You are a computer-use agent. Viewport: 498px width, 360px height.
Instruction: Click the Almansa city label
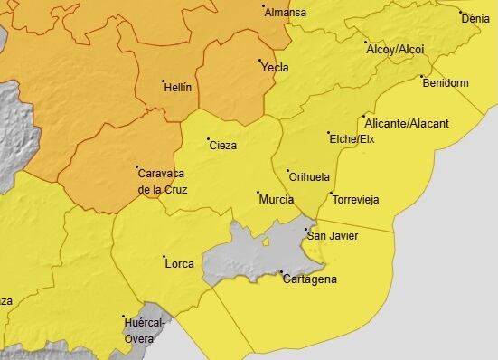pyautogui.click(x=287, y=13)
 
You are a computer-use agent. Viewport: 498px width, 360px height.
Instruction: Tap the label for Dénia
pyautogui.click(x=475, y=18)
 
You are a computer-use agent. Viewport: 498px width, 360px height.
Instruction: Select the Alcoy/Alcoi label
pyautogui.click(x=396, y=49)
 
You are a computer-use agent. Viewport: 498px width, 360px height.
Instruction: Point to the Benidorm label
pyautogui.click(x=446, y=83)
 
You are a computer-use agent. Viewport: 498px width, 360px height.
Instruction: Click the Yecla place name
pyautogui.click(x=275, y=67)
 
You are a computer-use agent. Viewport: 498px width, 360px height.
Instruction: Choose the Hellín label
pyautogui.click(x=177, y=88)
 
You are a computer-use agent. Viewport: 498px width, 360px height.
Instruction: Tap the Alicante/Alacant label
pyautogui.click(x=404, y=122)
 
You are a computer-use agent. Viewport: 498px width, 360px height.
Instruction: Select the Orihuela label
pyautogui.click(x=310, y=176)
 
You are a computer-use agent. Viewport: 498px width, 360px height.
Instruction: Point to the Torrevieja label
pyautogui.click(x=356, y=199)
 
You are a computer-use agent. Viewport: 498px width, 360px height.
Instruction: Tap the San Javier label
pyautogui.click(x=333, y=236)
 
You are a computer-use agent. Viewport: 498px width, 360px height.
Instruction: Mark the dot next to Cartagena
pyautogui.click(x=280, y=271)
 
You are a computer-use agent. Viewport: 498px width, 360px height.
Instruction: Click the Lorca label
pyautogui.click(x=180, y=264)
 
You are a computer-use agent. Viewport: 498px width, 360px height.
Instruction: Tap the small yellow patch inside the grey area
pyautogui.click(x=266, y=241)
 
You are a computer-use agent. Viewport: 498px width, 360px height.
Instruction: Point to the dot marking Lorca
pyautogui.click(x=164, y=257)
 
